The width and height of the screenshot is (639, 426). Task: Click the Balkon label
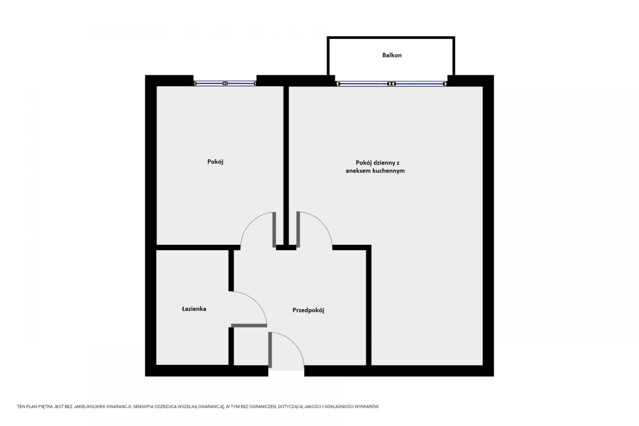click(392, 55)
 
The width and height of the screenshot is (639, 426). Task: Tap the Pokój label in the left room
click(215, 162)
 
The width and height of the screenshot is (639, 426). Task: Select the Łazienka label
click(194, 308)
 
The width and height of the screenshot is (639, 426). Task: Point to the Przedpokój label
click(308, 310)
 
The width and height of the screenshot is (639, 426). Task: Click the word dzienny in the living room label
click(384, 162)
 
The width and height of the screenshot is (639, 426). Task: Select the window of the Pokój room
click(225, 83)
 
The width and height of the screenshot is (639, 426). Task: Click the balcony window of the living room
click(391, 84)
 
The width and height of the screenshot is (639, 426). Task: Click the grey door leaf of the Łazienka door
click(249, 325)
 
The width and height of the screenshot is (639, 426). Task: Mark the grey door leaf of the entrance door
click(270, 350)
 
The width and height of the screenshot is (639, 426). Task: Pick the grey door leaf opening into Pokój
click(274, 230)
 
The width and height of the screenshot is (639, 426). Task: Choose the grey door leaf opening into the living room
click(298, 230)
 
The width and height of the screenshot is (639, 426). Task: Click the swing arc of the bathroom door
click(256, 301)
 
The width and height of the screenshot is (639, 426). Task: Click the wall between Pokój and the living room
click(286, 166)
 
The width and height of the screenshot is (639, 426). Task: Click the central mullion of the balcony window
click(391, 84)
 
